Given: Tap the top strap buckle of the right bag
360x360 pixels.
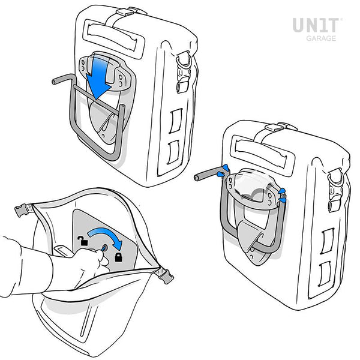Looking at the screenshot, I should [284, 127].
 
